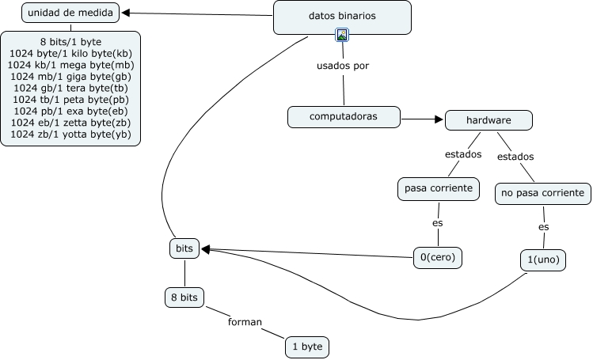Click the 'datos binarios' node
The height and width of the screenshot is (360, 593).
click(342, 17)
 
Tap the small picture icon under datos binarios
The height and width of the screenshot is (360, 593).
click(342, 35)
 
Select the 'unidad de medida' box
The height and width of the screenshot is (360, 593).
click(70, 13)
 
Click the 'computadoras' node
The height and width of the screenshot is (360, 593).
click(344, 117)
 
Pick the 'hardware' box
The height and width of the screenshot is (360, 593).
click(488, 120)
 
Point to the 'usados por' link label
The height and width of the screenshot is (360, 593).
click(343, 66)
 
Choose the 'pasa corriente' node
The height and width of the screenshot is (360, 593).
click(439, 188)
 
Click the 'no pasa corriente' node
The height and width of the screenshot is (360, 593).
click(542, 193)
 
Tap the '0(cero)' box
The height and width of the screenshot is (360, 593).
click(438, 258)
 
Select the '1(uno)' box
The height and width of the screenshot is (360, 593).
click(543, 260)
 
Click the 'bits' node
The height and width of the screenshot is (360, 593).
click(184, 248)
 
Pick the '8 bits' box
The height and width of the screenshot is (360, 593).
click(184, 297)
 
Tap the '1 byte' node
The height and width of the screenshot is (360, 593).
click(307, 347)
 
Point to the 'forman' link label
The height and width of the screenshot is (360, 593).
click(245, 322)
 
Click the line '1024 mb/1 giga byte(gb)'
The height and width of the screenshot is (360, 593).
click(70, 77)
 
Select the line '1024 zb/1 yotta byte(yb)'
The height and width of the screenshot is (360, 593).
click(70, 135)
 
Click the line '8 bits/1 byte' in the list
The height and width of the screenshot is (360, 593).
click(70, 42)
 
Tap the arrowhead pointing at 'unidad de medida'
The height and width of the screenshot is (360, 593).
click(126, 13)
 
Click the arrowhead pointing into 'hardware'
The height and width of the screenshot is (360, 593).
click(439, 119)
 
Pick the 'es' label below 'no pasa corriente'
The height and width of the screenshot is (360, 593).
click(543, 227)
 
